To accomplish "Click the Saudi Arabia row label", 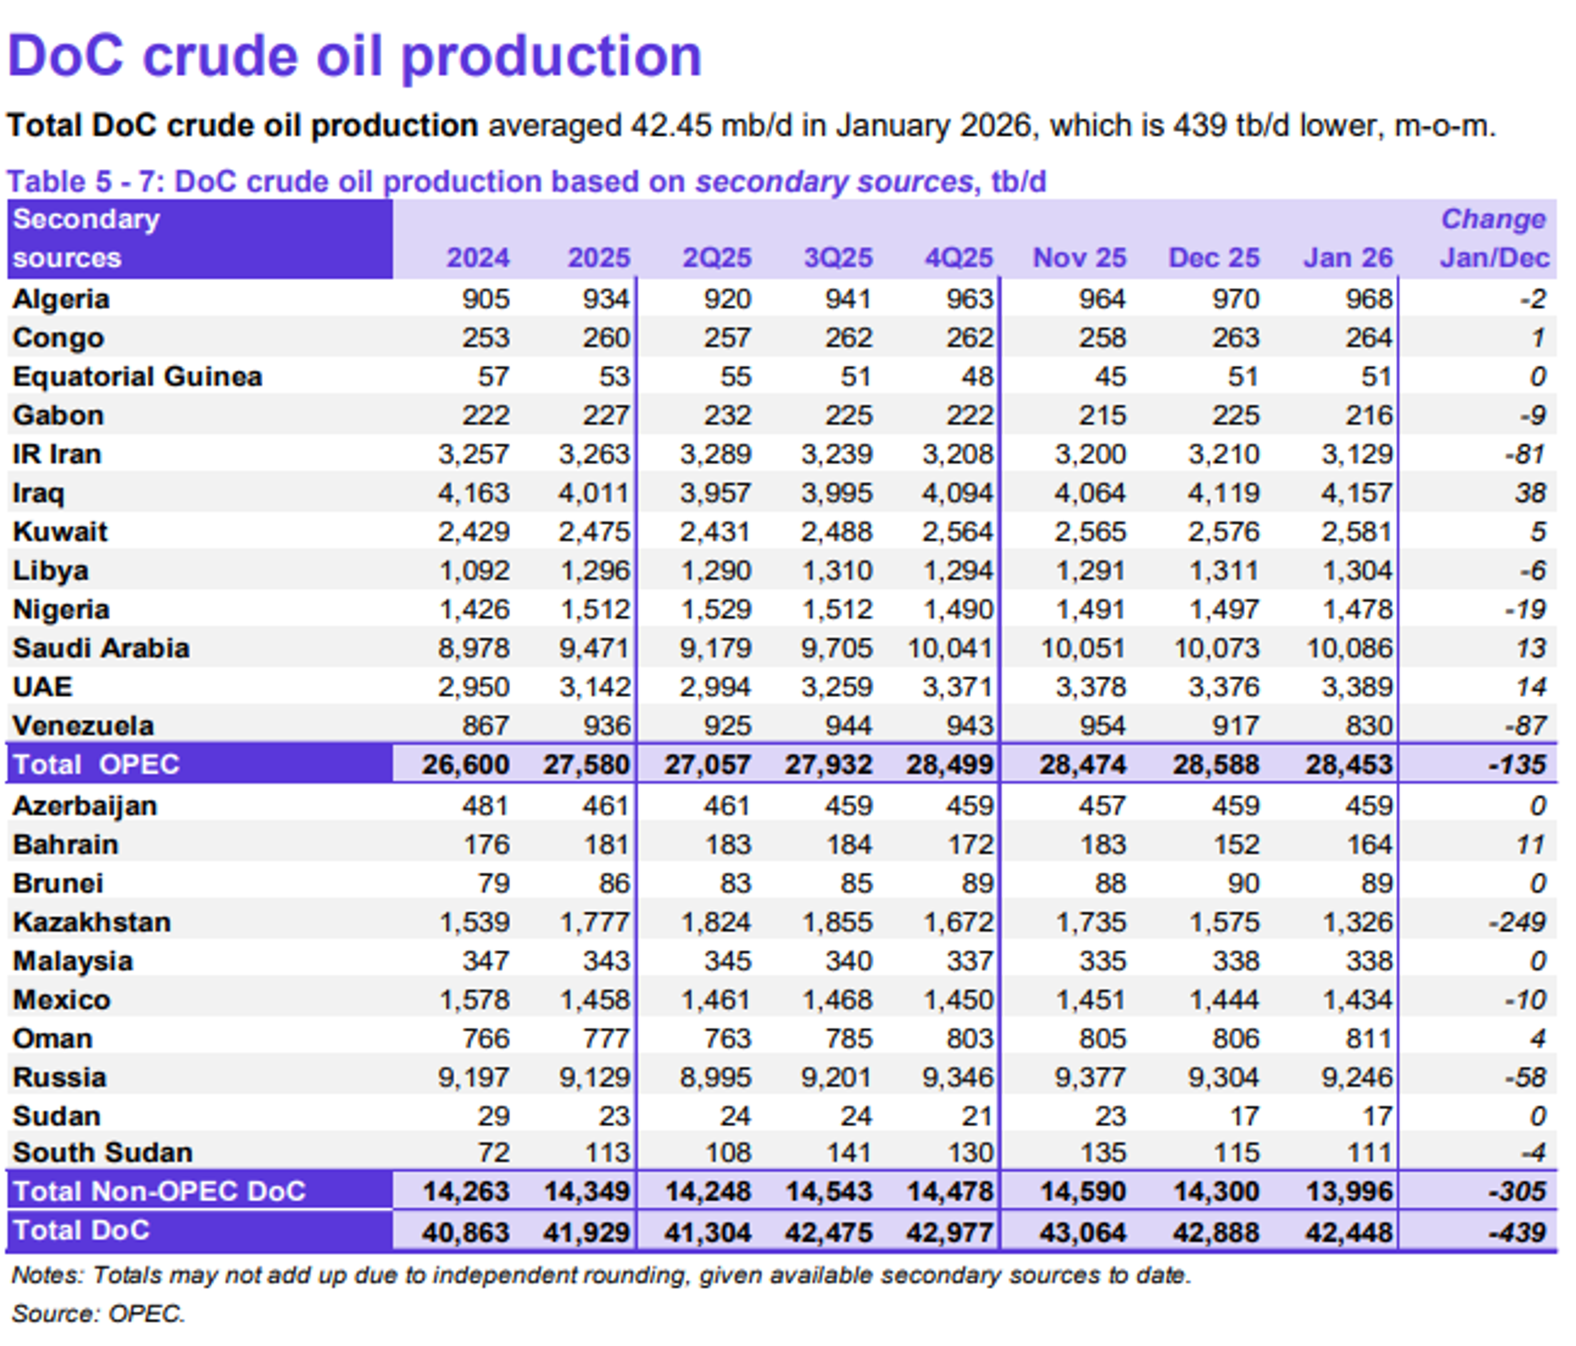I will [x=101, y=648].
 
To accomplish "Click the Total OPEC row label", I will [x=96, y=764].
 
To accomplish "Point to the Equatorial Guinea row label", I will [x=137, y=377].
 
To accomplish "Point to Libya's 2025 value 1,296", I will [x=595, y=571].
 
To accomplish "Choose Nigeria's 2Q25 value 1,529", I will [x=716, y=610].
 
